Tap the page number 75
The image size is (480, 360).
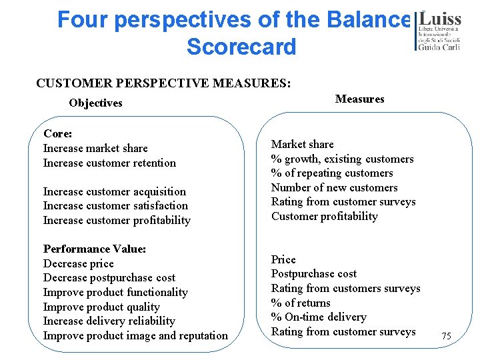coord(446,337)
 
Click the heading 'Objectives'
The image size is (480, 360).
coord(95,103)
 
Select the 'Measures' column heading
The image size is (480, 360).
coord(359,99)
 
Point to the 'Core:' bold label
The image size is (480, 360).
coord(58,133)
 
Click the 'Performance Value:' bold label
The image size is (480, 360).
coord(95,249)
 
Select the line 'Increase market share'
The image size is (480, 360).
coord(95,148)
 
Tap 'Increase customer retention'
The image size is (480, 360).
coord(109,163)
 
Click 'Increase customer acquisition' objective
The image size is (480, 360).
coord(115,191)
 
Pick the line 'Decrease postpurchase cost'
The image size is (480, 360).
coord(109,277)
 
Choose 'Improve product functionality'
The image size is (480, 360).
coord(115,292)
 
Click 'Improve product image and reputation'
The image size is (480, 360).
coord(135,335)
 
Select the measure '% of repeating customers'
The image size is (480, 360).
coord(332,173)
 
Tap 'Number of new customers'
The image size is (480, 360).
coord(334,187)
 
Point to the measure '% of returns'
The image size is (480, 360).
coord(301,303)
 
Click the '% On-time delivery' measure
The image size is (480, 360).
coord(319,317)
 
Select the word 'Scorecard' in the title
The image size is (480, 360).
coord(241,47)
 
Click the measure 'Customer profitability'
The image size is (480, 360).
coord(325,216)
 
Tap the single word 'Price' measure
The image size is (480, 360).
coord(283,259)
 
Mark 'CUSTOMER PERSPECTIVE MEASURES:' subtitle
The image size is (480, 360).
coord(163,83)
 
